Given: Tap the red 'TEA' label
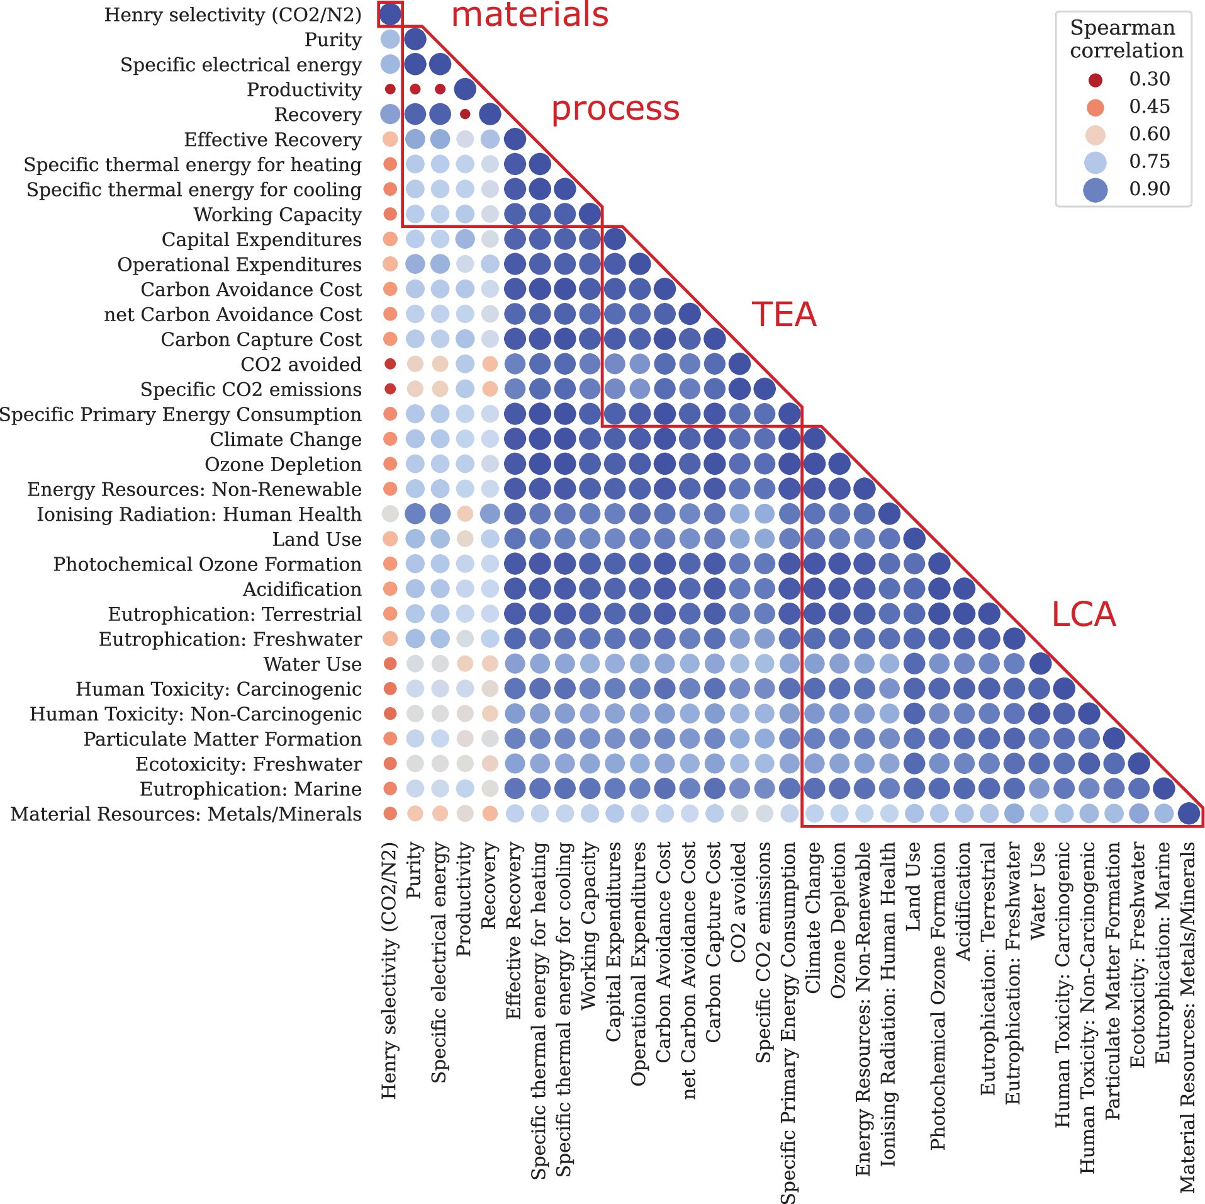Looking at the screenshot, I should (783, 314).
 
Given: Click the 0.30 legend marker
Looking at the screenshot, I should (1096, 80).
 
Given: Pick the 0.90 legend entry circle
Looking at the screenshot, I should (1096, 190).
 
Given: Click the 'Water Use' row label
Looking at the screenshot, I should (312, 664).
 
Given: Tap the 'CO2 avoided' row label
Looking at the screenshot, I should (301, 365).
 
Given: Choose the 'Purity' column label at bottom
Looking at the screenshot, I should (413, 871).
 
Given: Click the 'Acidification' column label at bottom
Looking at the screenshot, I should (963, 901).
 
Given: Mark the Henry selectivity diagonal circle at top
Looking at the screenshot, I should (390, 13).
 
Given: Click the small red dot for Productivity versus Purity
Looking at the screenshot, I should (415, 89).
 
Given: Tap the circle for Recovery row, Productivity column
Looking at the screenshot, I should (465, 115).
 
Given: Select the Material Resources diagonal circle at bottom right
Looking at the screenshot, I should (1189, 814).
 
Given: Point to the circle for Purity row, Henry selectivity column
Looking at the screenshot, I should (390, 39).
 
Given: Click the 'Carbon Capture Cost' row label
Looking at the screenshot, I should (261, 339).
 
